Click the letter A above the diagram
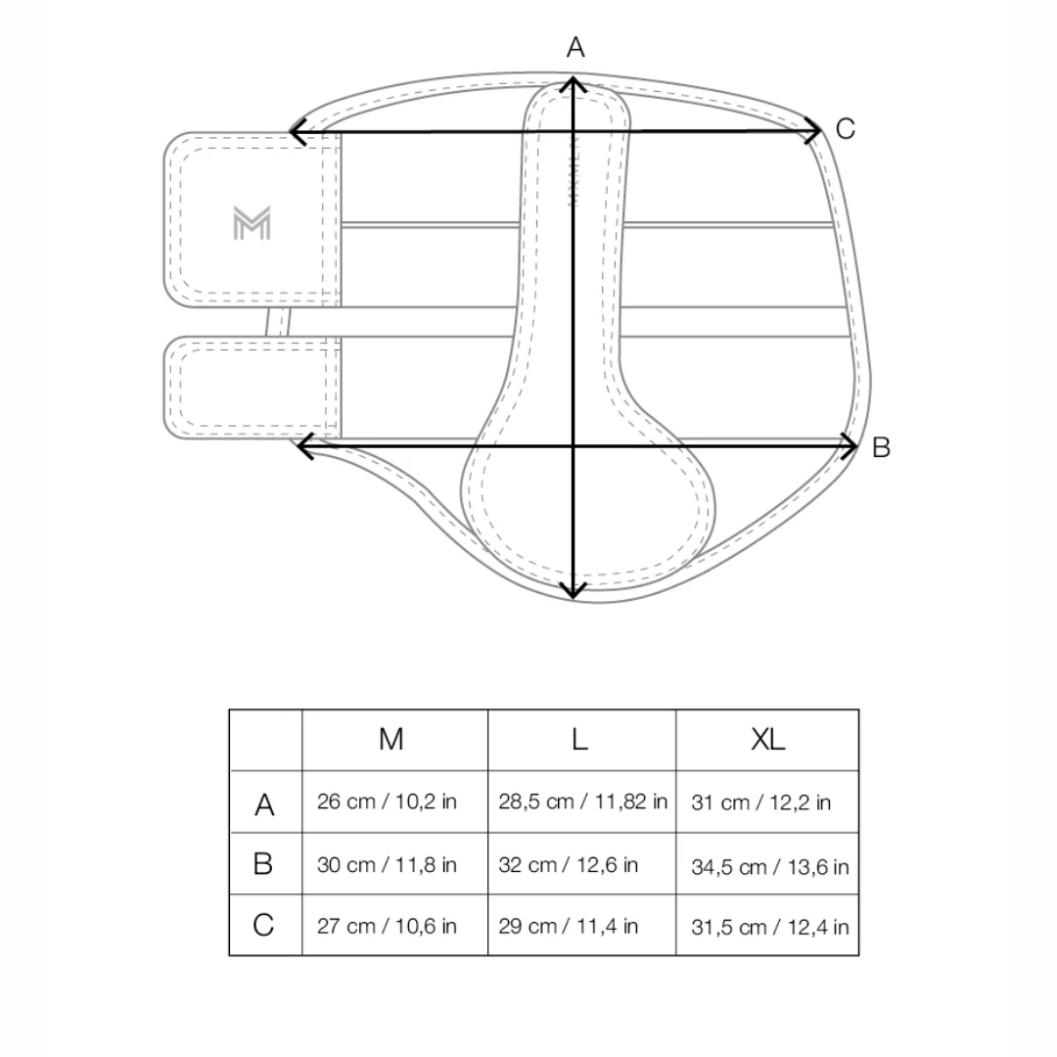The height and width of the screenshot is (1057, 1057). coord(575,47)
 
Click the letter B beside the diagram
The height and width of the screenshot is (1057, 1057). coord(881,447)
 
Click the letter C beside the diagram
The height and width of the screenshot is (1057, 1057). coord(846,129)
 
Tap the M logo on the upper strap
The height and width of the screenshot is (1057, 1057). coord(252,223)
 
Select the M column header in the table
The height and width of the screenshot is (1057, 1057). coord(391,740)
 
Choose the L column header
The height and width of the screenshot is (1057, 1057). coord(579,740)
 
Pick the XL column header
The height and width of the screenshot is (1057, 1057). coord(768,740)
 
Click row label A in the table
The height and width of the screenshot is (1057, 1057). coord(264,804)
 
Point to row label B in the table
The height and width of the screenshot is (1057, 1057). coord(263,863)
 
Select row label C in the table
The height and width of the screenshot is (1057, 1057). coord(263,925)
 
